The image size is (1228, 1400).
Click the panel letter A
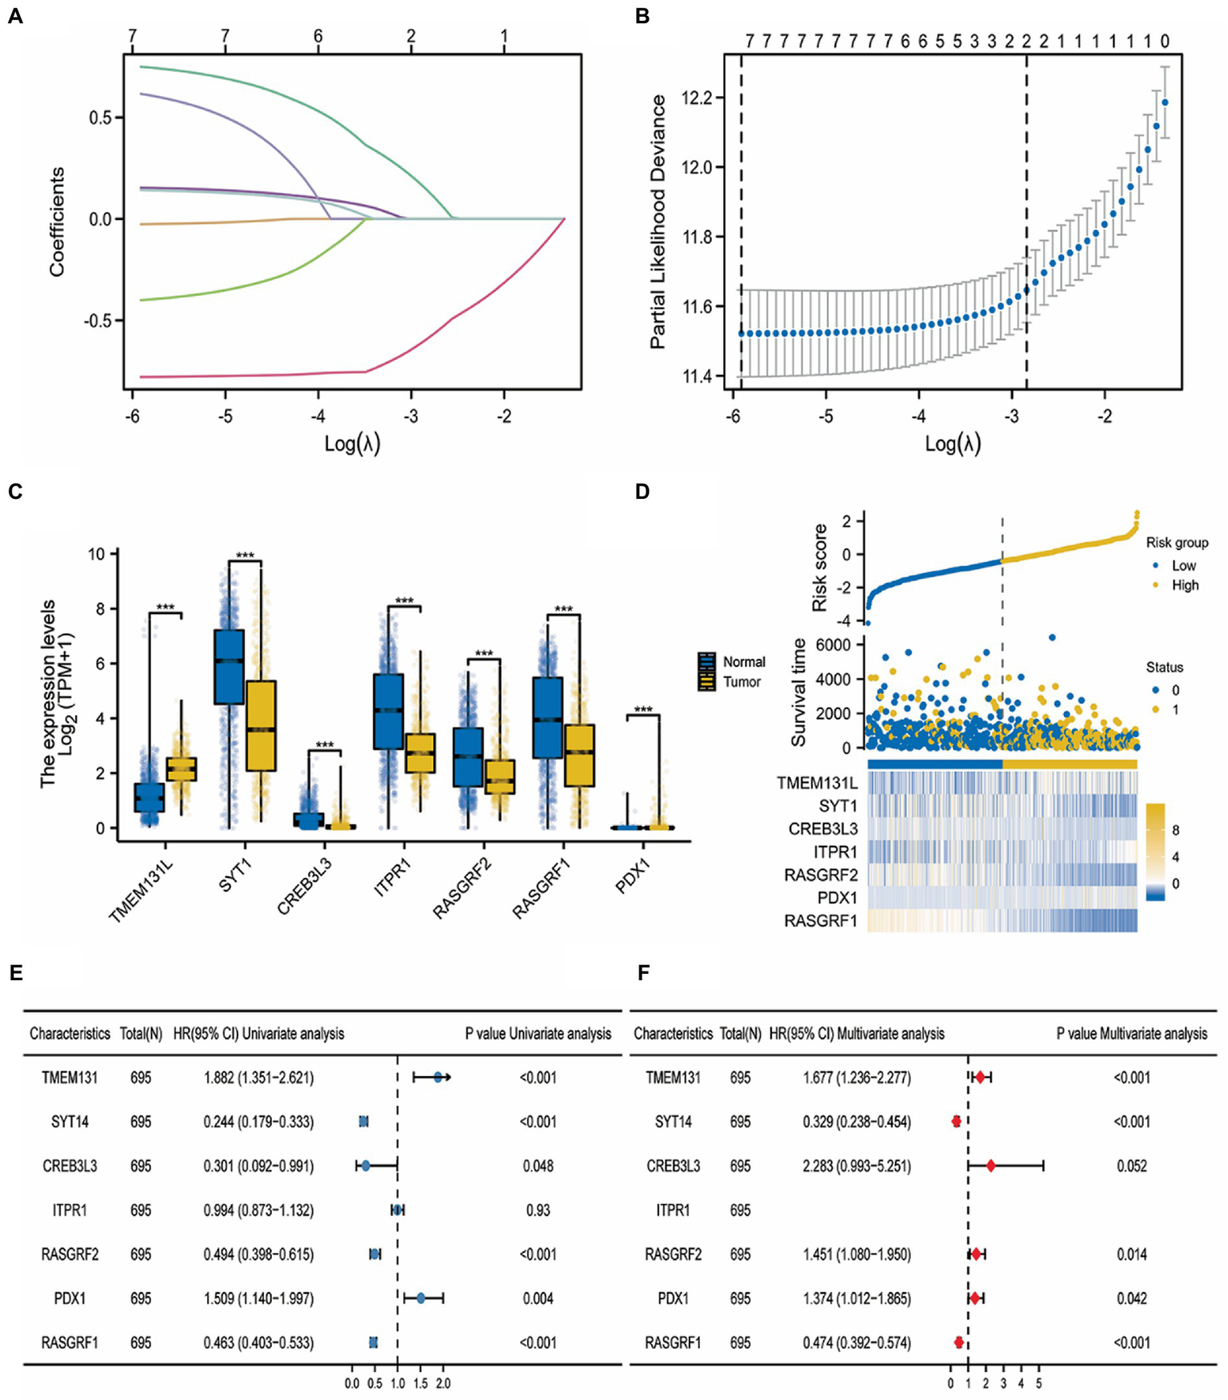tap(15, 16)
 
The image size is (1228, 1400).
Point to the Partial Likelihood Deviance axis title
tap(658, 221)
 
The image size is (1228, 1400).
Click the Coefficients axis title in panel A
tap(57, 221)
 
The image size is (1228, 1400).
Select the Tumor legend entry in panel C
tap(742, 682)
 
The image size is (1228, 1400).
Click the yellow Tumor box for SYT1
tap(261, 725)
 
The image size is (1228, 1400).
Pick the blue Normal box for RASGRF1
tap(548, 717)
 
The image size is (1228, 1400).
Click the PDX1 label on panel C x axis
tap(634, 875)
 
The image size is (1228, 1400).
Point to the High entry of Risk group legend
tap(1185, 585)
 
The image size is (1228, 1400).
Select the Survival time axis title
tap(798, 692)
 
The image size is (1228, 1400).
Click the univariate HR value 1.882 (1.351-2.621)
tap(258, 1078)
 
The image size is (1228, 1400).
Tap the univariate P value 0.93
tap(538, 1211)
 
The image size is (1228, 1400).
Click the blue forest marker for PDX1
tap(422, 1298)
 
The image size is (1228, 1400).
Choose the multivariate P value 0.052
tap(1131, 1167)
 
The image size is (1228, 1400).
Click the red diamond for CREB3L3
tap(990, 1167)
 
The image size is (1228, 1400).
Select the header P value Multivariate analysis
tap(1131, 1034)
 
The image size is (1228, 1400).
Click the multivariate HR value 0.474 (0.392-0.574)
tap(856, 1343)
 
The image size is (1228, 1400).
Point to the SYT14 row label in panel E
tap(70, 1122)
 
